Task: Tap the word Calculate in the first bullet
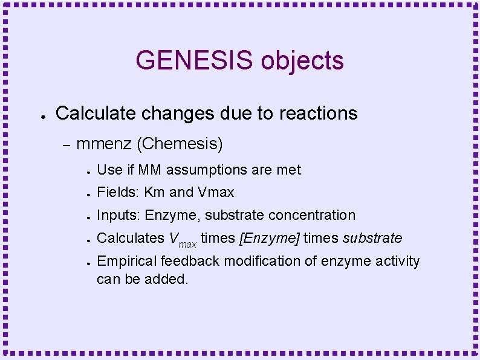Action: (97, 114)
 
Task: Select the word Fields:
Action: (118, 192)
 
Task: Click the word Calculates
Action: (130, 238)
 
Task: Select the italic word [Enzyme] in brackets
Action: (270, 238)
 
